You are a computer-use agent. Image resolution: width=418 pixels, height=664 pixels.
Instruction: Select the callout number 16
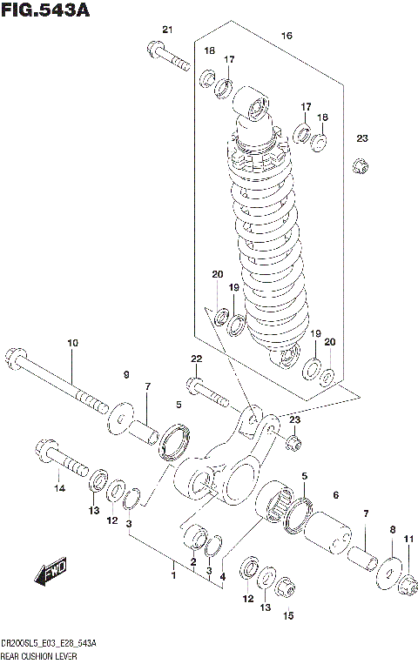pyautogui.click(x=287, y=36)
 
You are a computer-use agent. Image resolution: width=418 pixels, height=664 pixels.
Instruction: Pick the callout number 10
pyautogui.click(x=72, y=342)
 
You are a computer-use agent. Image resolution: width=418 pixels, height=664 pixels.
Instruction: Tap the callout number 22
pyautogui.click(x=196, y=359)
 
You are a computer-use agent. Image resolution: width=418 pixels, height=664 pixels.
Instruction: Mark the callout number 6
pyautogui.click(x=335, y=495)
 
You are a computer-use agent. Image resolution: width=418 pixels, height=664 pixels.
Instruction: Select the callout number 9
pyautogui.click(x=125, y=375)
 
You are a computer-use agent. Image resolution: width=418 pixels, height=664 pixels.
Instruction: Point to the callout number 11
pyautogui.click(x=408, y=538)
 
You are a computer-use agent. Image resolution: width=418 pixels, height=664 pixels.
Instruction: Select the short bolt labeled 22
pyautogui.click(x=204, y=391)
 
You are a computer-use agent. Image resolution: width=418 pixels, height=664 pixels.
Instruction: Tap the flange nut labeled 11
pyautogui.click(x=404, y=591)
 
